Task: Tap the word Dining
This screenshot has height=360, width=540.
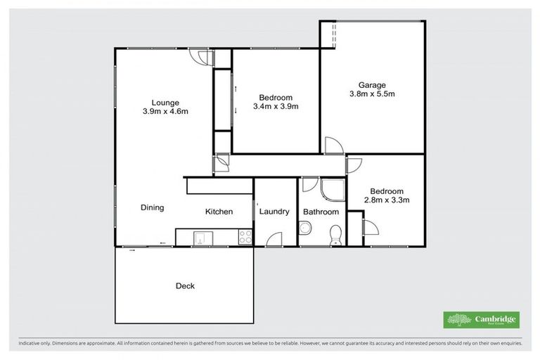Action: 152,207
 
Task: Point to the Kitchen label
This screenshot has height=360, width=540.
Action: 219,212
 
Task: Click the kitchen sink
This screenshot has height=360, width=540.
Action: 200,238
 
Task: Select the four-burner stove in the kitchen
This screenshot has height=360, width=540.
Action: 245,238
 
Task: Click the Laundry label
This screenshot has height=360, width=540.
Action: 274,212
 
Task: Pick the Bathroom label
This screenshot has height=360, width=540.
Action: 321,212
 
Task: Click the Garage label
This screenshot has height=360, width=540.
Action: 372,85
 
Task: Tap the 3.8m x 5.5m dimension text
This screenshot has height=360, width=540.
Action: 372,94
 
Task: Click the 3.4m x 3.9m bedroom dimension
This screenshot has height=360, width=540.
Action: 276,107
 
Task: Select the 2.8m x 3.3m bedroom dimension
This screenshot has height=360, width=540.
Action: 387,200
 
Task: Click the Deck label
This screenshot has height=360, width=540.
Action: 185,286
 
